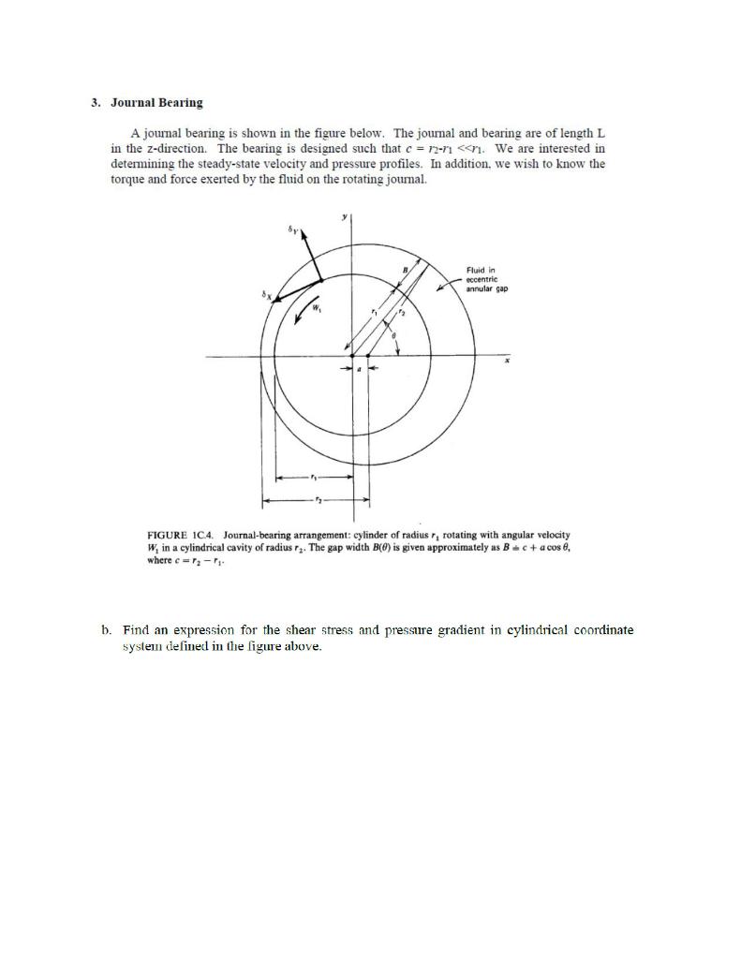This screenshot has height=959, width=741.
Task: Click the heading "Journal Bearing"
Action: click(x=156, y=102)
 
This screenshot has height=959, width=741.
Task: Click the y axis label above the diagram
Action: click(x=345, y=216)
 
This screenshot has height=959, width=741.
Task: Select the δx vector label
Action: click(x=264, y=294)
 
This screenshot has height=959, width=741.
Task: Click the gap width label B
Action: click(x=405, y=269)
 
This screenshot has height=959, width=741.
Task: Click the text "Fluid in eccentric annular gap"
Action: click(x=486, y=279)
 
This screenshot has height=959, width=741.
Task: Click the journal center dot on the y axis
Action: click(x=352, y=356)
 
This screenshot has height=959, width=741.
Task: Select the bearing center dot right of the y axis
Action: click(x=367, y=356)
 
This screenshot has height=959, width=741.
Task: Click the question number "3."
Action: click(x=96, y=102)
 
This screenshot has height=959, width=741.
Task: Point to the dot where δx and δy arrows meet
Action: click(x=321, y=279)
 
